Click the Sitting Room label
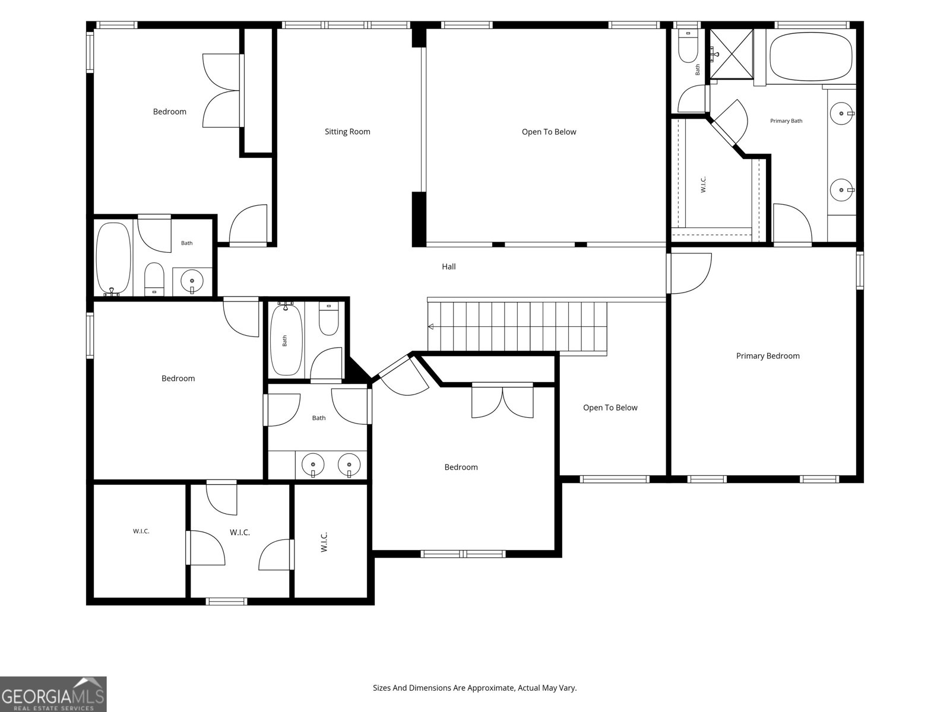347,132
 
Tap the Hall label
449,267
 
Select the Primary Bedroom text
768,356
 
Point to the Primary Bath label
786,121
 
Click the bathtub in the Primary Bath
810,56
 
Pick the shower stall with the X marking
731,54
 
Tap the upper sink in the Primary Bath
842,114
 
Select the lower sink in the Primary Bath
842,190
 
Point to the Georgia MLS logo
53,694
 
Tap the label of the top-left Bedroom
170,112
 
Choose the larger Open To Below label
549,132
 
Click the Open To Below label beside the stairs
610,408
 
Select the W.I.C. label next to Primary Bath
703,185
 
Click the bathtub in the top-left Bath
113,259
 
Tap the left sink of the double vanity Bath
313,465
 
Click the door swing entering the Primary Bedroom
689,274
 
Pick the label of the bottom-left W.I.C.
141,531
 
